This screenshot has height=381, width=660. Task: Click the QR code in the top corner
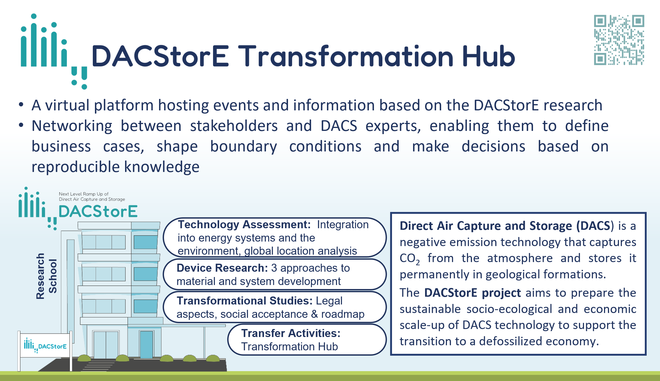tap(619, 40)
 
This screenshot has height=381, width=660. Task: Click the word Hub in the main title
tap(489, 56)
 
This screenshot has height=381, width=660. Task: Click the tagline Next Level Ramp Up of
tap(84, 194)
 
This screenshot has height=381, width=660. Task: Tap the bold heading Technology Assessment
tap(244, 224)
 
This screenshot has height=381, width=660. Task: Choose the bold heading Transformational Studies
tap(245, 301)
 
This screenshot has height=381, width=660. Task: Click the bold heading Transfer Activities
tap(291, 333)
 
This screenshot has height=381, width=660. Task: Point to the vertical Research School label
tap(47, 276)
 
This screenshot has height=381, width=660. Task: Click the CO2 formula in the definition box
tap(410, 259)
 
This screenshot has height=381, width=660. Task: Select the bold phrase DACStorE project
tap(472, 293)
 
